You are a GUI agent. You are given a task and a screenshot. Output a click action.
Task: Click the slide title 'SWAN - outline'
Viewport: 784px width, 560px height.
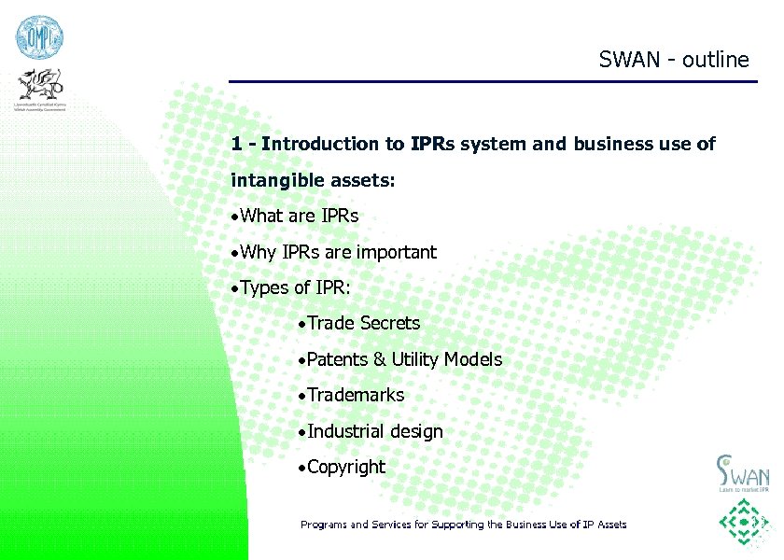point(674,60)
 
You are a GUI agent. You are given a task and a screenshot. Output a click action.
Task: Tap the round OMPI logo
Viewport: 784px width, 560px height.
point(38,37)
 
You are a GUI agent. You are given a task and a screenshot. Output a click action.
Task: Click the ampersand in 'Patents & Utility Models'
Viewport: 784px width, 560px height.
point(379,360)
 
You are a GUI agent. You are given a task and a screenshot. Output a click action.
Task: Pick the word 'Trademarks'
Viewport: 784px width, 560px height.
point(356,396)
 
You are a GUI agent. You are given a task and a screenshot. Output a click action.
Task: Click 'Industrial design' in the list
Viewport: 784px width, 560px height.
point(374,432)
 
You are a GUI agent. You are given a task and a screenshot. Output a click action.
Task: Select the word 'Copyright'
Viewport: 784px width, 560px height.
point(345,468)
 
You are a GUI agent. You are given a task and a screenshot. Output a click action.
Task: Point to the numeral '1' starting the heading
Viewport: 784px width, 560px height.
point(237,145)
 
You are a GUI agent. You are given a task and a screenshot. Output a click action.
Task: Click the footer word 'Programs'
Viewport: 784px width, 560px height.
point(322,525)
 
